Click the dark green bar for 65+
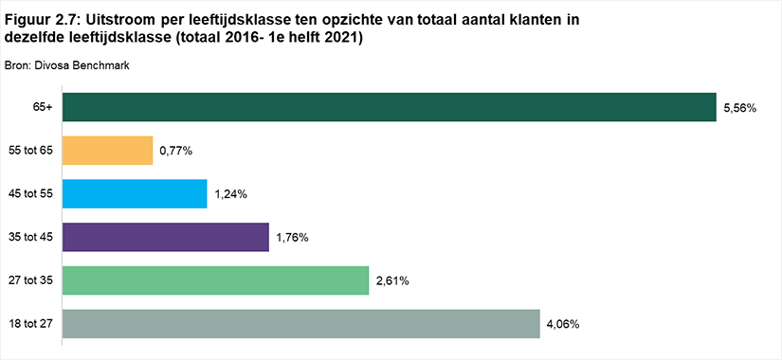point(389,107)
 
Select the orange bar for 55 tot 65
point(107,151)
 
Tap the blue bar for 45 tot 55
point(135,194)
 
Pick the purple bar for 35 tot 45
point(166,237)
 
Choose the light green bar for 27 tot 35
point(215,280)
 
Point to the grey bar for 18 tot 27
point(301,324)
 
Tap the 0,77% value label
point(176,151)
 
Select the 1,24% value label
point(231,194)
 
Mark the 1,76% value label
point(293,238)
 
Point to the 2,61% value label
point(392,281)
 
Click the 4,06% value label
point(564,325)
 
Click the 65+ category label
point(45,108)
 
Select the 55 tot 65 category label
point(31,151)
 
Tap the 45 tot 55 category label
point(31,194)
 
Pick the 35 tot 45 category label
point(31,238)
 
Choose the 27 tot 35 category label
point(31,280)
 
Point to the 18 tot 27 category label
point(31,324)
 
